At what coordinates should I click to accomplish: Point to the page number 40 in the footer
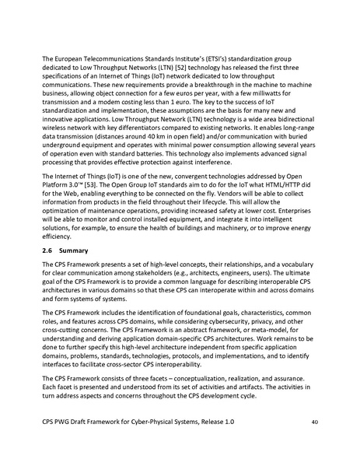(x=314, y=444)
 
